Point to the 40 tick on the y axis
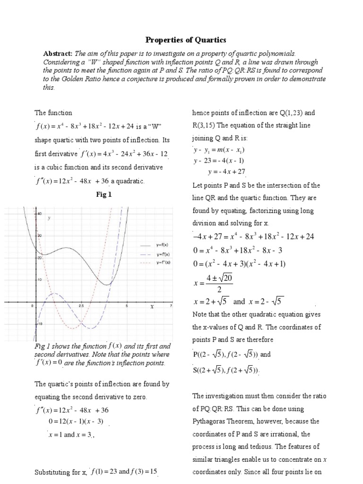(x=40, y=214)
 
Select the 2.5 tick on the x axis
(x=81, y=306)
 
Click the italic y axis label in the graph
(x=49, y=218)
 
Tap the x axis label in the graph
(x=152, y=306)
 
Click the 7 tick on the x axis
(x=171, y=306)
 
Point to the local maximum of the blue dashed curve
(x=54, y=294)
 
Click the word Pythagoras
(x=208, y=421)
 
